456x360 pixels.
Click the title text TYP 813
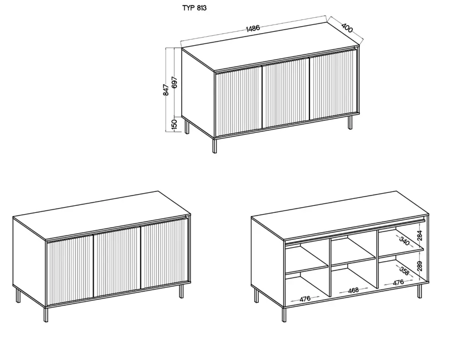194,8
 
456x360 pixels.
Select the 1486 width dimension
253,28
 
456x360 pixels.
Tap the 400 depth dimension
347,28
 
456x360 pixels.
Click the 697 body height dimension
174,82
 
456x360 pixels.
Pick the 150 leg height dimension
174,124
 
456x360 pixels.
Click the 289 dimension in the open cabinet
420,266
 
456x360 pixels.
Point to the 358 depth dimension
403,271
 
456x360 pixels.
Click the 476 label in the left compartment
305,299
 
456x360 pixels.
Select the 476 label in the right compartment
398,282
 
